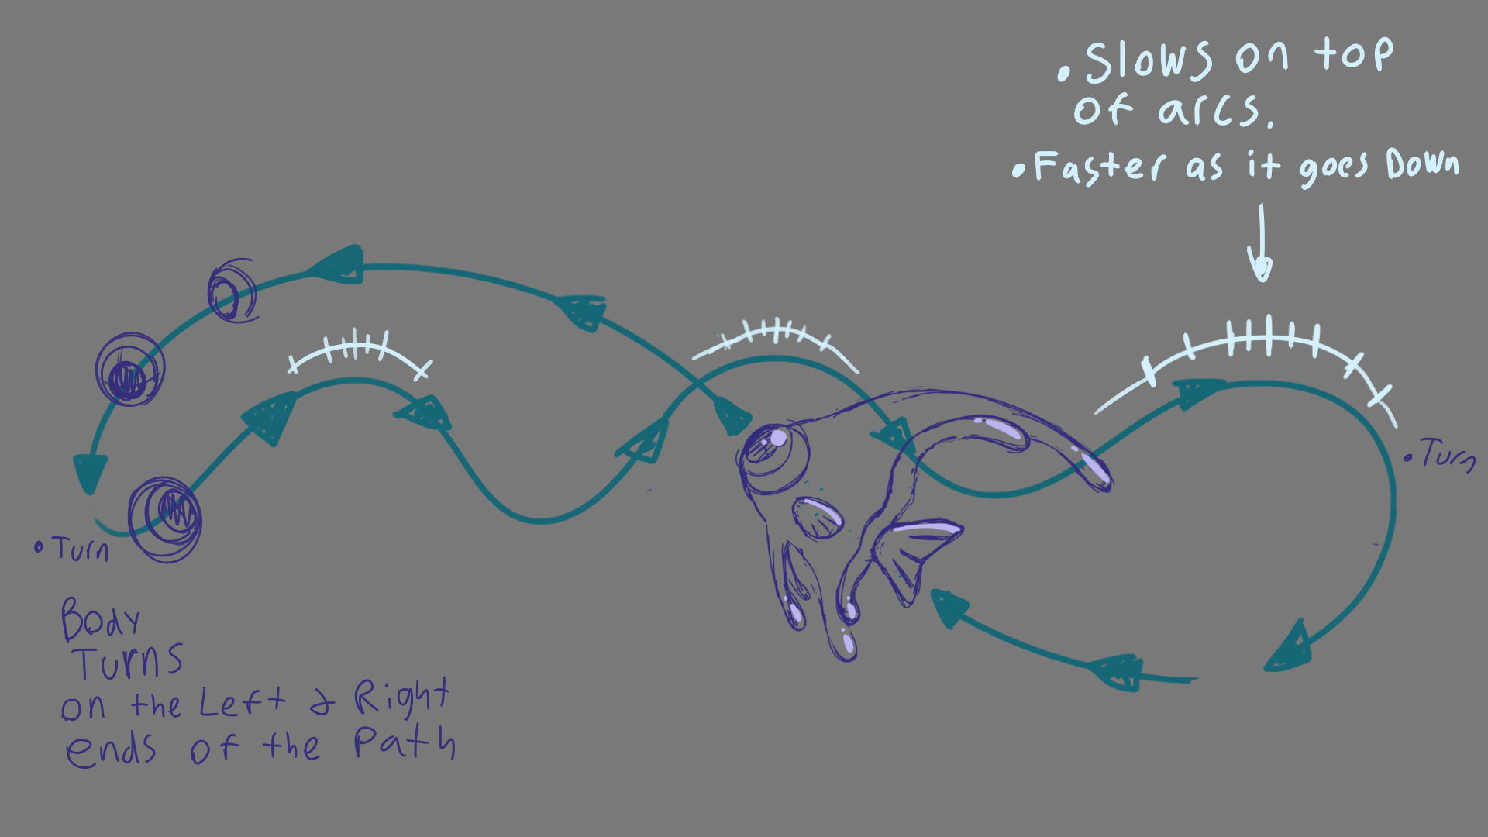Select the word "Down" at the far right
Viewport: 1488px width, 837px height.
1422,164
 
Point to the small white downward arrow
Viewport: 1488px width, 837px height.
1261,244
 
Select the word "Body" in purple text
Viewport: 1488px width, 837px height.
100,619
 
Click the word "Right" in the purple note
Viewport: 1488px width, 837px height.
401,697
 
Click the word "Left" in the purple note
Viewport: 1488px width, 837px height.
242,702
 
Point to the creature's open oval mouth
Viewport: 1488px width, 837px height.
818,518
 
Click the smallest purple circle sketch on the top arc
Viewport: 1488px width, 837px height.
232,291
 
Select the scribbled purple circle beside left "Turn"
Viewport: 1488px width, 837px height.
165,518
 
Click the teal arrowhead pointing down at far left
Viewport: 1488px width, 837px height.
90,472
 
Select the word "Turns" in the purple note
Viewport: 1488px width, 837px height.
129,663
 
